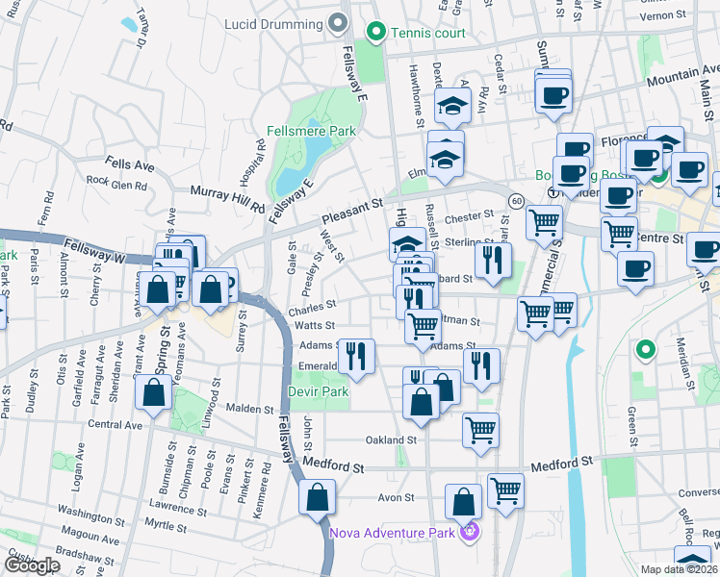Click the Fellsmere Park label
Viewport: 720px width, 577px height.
click(x=311, y=131)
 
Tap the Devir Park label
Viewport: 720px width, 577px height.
click(x=318, y=391)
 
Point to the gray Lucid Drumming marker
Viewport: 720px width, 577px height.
click(x=336, y=21)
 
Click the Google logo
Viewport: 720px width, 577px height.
click(x=32, y=565)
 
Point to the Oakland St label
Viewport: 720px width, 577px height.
click(x=390, y=440)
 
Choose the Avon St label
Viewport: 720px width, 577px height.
click(x=395, y=498)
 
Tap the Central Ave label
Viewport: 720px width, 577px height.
click(x=115, y=424)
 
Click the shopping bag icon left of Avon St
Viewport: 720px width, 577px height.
click(x=317, y=497)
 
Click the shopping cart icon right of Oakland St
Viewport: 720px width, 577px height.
click(x=480, y=430)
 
